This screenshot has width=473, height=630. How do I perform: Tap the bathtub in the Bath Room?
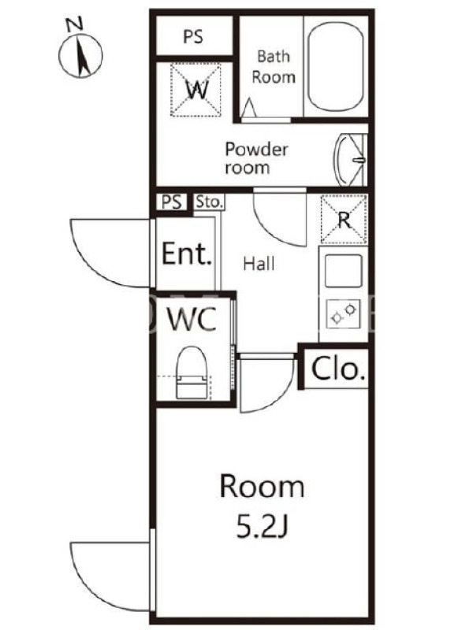336,67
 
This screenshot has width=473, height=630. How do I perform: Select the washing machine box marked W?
196,90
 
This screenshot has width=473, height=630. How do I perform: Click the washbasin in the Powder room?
349,160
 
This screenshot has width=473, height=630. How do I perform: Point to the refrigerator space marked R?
344,220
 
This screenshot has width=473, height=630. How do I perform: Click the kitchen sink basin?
344,271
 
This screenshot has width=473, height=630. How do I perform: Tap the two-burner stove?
344,313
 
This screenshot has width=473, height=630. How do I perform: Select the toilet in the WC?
192,372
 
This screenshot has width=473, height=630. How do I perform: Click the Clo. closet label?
338,369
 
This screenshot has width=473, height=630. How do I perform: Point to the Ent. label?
186,253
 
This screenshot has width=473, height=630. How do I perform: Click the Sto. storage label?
209,202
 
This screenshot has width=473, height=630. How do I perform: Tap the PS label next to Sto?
171,202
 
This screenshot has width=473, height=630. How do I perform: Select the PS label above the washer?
193,36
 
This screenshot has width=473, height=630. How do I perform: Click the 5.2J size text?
262,528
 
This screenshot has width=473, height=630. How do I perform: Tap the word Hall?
259,264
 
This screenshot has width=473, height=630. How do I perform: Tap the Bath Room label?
274,66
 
